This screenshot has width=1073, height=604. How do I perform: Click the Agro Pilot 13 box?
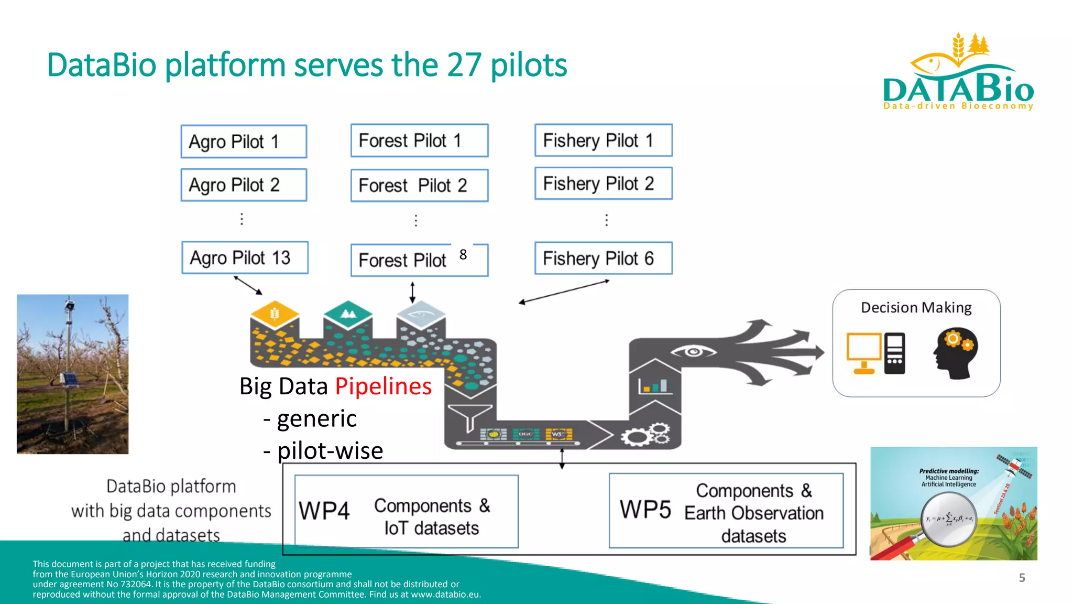click(x=245, y=257)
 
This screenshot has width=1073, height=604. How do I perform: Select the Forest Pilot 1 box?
click(x=419, y=141)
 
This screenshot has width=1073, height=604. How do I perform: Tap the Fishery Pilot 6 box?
click(x=603, y=258)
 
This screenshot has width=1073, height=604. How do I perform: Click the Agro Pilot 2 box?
click(x=244, y=185)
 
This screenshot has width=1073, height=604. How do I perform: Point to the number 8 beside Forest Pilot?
click(x=463, y=255)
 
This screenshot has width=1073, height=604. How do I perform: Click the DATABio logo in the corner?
click(x=958, y=73)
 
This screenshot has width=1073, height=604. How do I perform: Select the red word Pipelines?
click(x=383, y=386)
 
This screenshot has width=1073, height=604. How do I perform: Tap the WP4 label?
click(x=324, y=511)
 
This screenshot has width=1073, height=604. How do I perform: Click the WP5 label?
click(x=645, y=510)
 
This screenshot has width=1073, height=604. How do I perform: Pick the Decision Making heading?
click(x=916, y=307)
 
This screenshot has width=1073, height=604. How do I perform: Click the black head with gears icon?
click(x=955, y=353)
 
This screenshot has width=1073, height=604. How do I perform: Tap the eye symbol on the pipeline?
click(x=693, y=351)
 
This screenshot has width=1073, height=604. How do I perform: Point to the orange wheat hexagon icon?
click(x=275, y=315)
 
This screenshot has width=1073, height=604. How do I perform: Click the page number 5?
click(x=1022, y=578)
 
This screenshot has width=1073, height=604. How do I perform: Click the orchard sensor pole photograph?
click(x=73, y=374)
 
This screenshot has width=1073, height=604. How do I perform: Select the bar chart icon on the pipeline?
click(x=653, y=386)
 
